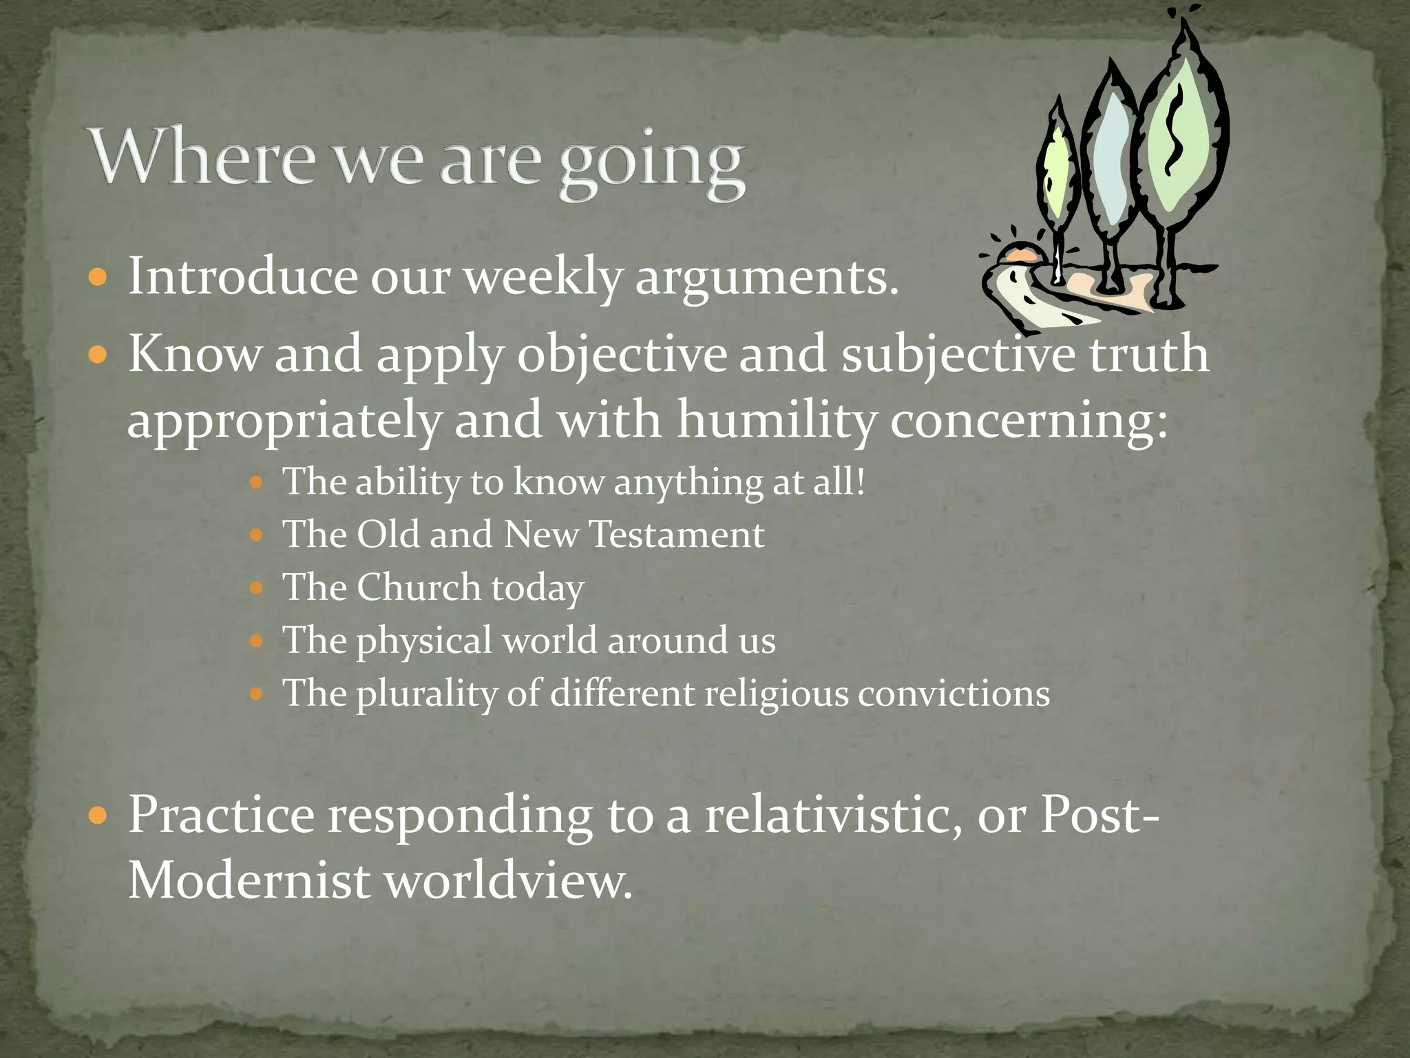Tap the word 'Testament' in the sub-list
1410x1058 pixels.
click(677, 535)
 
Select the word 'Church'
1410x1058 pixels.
click(418, 588)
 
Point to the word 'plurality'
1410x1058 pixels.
click(425, 694)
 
